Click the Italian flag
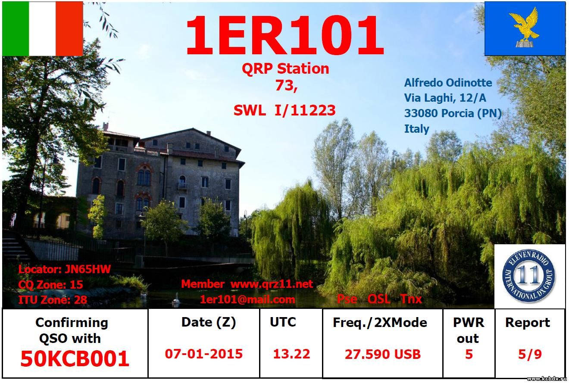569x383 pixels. coord(43,28)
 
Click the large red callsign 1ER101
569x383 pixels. coord(285,35)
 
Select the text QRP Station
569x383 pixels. coord(285,69)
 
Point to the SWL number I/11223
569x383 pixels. coord(305,110)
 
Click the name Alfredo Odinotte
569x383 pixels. coord(448,83)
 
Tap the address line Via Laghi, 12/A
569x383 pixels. coord(445,98)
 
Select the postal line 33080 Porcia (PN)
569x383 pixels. coord(453,113)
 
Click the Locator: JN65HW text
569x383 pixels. coord(65,269)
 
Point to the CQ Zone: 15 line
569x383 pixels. coord(50,284)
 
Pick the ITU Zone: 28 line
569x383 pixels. coord(53,300)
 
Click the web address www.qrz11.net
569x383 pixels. coord(272,284)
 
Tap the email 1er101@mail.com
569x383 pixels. coord(248,300)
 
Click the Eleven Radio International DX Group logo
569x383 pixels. coord(528,276)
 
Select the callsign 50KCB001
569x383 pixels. coord(75,358)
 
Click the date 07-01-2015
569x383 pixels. coord(204,354)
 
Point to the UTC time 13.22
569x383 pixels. coord(291,354)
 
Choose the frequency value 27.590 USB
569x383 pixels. coord(382,354)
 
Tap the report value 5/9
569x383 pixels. coord(530,354)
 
